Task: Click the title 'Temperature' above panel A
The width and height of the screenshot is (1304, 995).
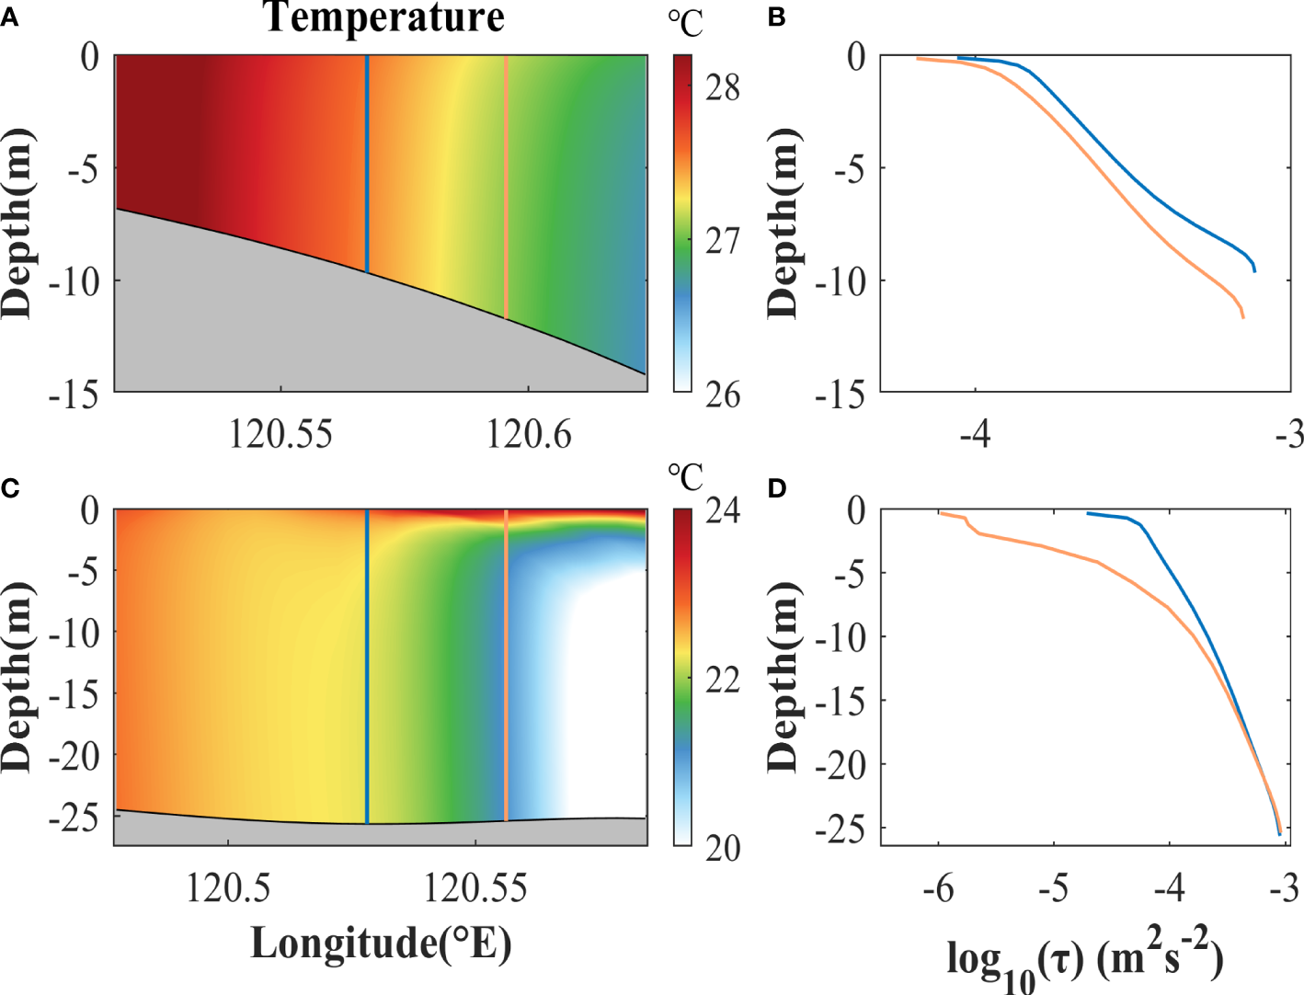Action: coord(383,17)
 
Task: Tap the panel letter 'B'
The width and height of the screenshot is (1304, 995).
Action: coord(777,17)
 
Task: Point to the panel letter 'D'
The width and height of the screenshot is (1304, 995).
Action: coord(777,487)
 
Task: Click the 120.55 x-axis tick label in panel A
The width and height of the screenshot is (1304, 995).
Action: coord(280,433)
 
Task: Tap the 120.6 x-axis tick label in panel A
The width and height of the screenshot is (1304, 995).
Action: coord(529,433)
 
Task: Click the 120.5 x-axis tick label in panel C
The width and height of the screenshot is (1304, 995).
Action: coord(228,887)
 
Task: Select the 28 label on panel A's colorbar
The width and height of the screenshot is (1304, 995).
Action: coord(723,87)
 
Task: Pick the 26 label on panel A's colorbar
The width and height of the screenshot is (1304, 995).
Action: coord(723,395)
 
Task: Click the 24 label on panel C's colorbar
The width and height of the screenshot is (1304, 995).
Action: coord(723,509)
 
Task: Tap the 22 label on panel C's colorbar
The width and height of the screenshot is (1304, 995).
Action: coord(723,680)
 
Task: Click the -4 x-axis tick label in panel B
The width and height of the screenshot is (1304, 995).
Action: coord(975,433)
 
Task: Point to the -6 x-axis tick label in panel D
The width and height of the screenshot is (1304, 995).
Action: coord(938,888)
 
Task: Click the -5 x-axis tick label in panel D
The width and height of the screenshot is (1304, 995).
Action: coord(1054,888)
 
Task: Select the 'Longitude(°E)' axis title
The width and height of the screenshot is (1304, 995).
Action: coord(381,943)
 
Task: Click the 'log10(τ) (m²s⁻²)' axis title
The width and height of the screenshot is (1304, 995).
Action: coord(1085,961)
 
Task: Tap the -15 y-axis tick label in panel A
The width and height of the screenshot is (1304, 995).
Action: coord(74,395)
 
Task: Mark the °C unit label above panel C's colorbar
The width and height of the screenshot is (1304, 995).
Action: coord(685,477)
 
